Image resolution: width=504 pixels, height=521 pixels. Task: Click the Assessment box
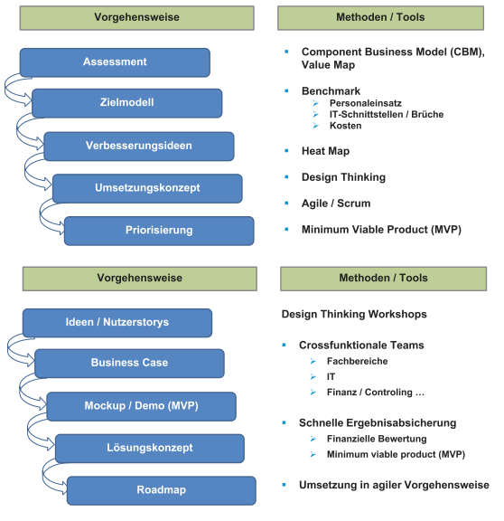coord(115,62)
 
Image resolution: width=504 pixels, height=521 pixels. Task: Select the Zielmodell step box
coord(126,103)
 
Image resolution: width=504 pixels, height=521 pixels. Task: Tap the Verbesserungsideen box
coord(139,147)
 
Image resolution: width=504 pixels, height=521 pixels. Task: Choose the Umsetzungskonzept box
coord(147,188)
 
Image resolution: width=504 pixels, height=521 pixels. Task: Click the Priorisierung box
coord(159,231)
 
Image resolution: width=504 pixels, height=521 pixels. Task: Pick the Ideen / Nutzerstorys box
coord(117,323)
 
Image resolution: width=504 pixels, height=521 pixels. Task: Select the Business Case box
coord(129,364)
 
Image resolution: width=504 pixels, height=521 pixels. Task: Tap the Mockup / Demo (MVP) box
coord(141,406)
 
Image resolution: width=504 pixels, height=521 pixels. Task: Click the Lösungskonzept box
coord(150,449)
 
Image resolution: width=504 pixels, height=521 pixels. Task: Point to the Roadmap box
coord(162,490)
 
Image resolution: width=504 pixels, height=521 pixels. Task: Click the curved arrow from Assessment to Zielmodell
coord(6,89)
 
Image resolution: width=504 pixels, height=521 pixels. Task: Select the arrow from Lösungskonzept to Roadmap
coord(44,475)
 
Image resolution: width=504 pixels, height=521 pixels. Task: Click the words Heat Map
coord(325,151)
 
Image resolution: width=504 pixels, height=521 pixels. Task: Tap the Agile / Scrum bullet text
coord(336,204)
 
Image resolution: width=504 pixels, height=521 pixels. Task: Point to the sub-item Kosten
coord(345,126)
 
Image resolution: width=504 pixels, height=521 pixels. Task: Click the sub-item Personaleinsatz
coord(365,103)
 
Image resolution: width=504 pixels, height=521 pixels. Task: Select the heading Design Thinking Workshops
coord(354,314)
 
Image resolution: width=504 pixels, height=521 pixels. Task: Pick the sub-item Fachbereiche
coord(357,361)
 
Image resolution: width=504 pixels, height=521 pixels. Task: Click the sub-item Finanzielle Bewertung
coord(377,439)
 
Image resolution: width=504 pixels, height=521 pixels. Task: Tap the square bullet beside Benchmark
coord(286,90)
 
